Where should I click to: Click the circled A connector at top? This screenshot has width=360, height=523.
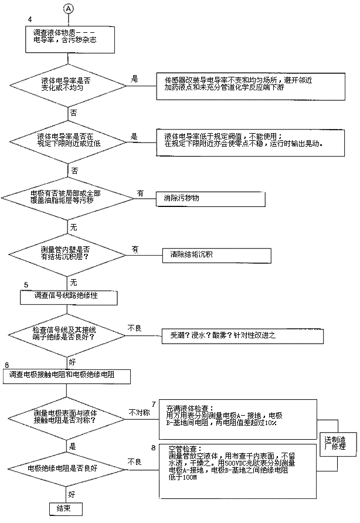click(x=69, y=9)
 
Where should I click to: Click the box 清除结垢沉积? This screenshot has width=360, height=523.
click(x=216, y=255)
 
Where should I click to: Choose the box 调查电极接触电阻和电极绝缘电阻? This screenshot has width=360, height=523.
click(x=65, y=375)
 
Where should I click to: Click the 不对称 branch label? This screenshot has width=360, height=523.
click(x=140, y=413)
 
